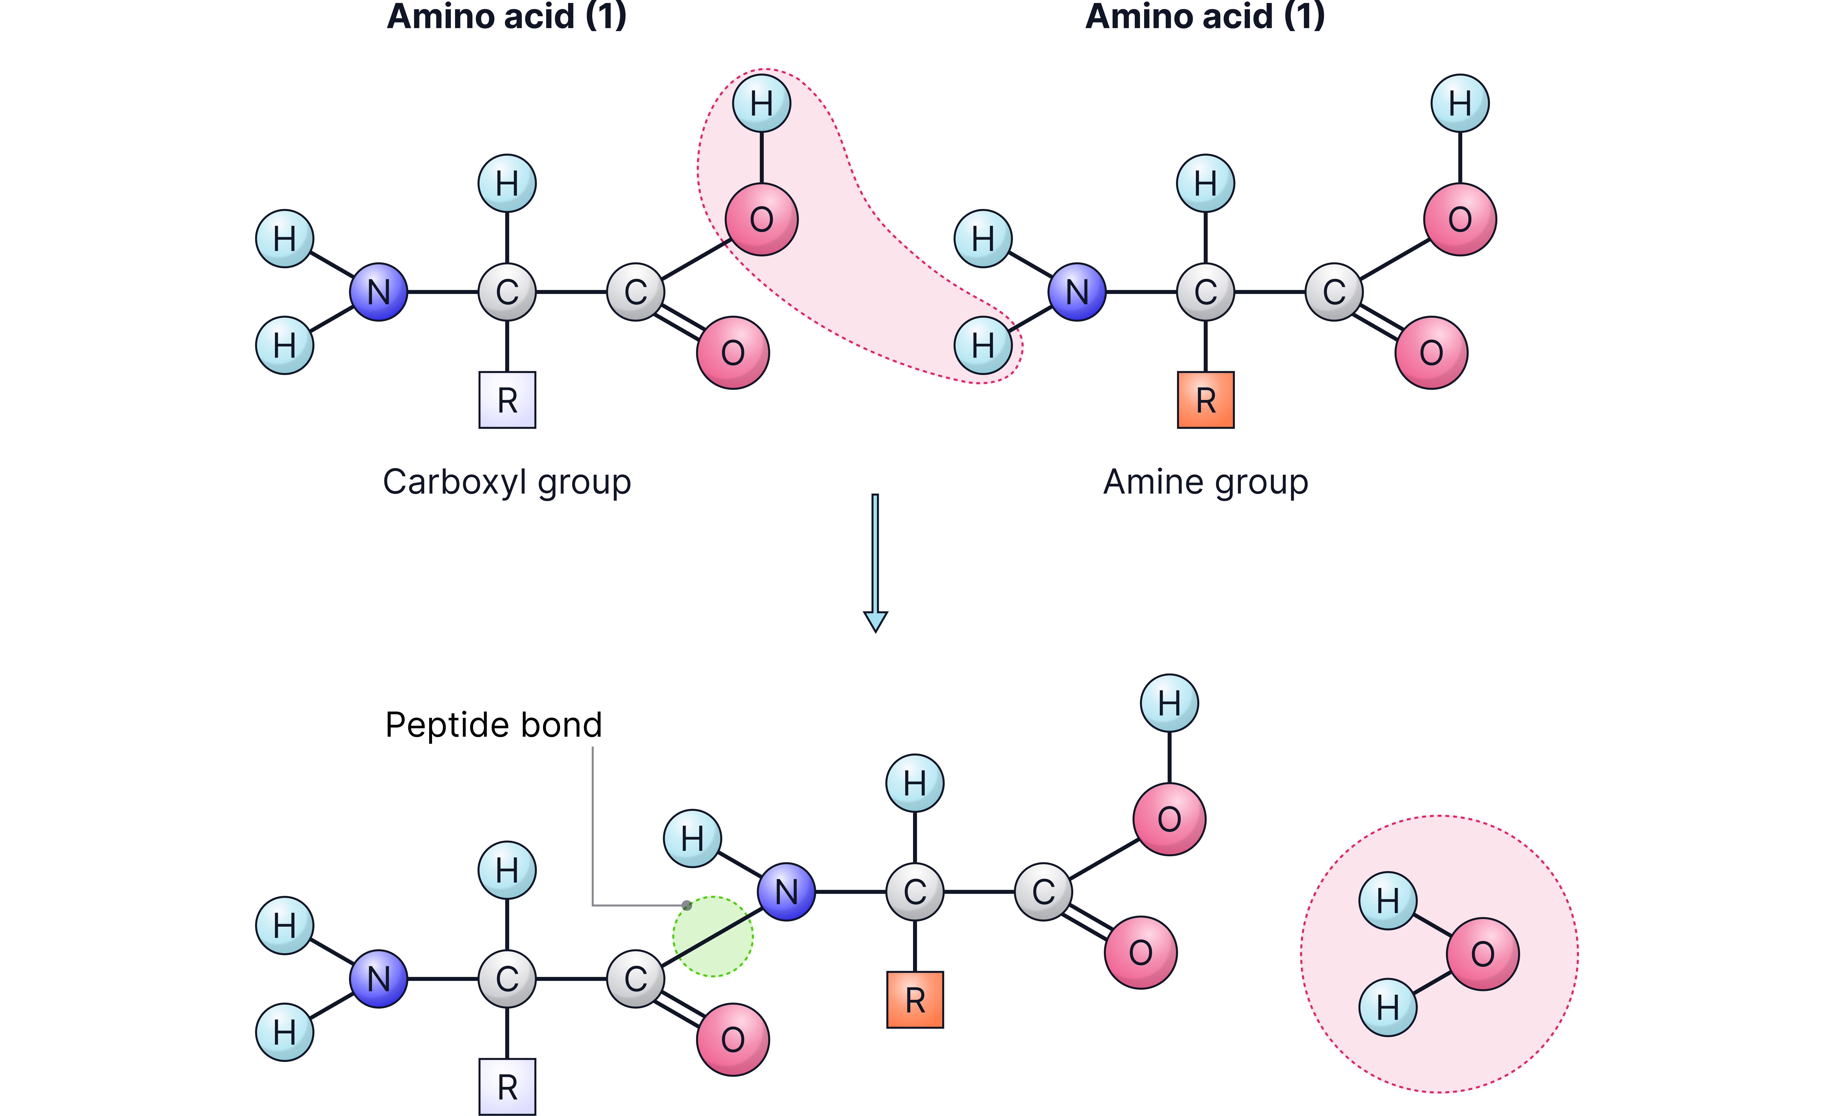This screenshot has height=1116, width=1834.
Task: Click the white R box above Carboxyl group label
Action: (x=507, y=400)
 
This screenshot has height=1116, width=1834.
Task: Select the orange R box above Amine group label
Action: (x=1205, y=400)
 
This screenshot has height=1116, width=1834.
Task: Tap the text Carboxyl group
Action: (x=507, y=482)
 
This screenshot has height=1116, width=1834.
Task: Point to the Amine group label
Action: (x=1205, y=482)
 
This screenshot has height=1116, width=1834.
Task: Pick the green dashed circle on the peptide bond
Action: (x=712, y=936)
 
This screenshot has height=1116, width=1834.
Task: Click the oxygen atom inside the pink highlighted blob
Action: (x=761, y=219)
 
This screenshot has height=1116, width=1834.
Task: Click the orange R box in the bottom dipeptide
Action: (x=915, y=1000)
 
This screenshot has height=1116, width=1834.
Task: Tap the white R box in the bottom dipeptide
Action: (x=507, y=1087)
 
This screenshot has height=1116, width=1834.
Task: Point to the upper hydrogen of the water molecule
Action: (x=1387, y=900)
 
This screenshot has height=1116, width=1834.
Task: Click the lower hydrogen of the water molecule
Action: (x=1387, y=1007)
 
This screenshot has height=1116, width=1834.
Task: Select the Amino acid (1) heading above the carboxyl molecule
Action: (x=507, y=16)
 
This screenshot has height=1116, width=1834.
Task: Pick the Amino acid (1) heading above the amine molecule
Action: (x=1205, y=16)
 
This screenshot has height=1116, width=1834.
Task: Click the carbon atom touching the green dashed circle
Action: (x=635, y=979)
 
